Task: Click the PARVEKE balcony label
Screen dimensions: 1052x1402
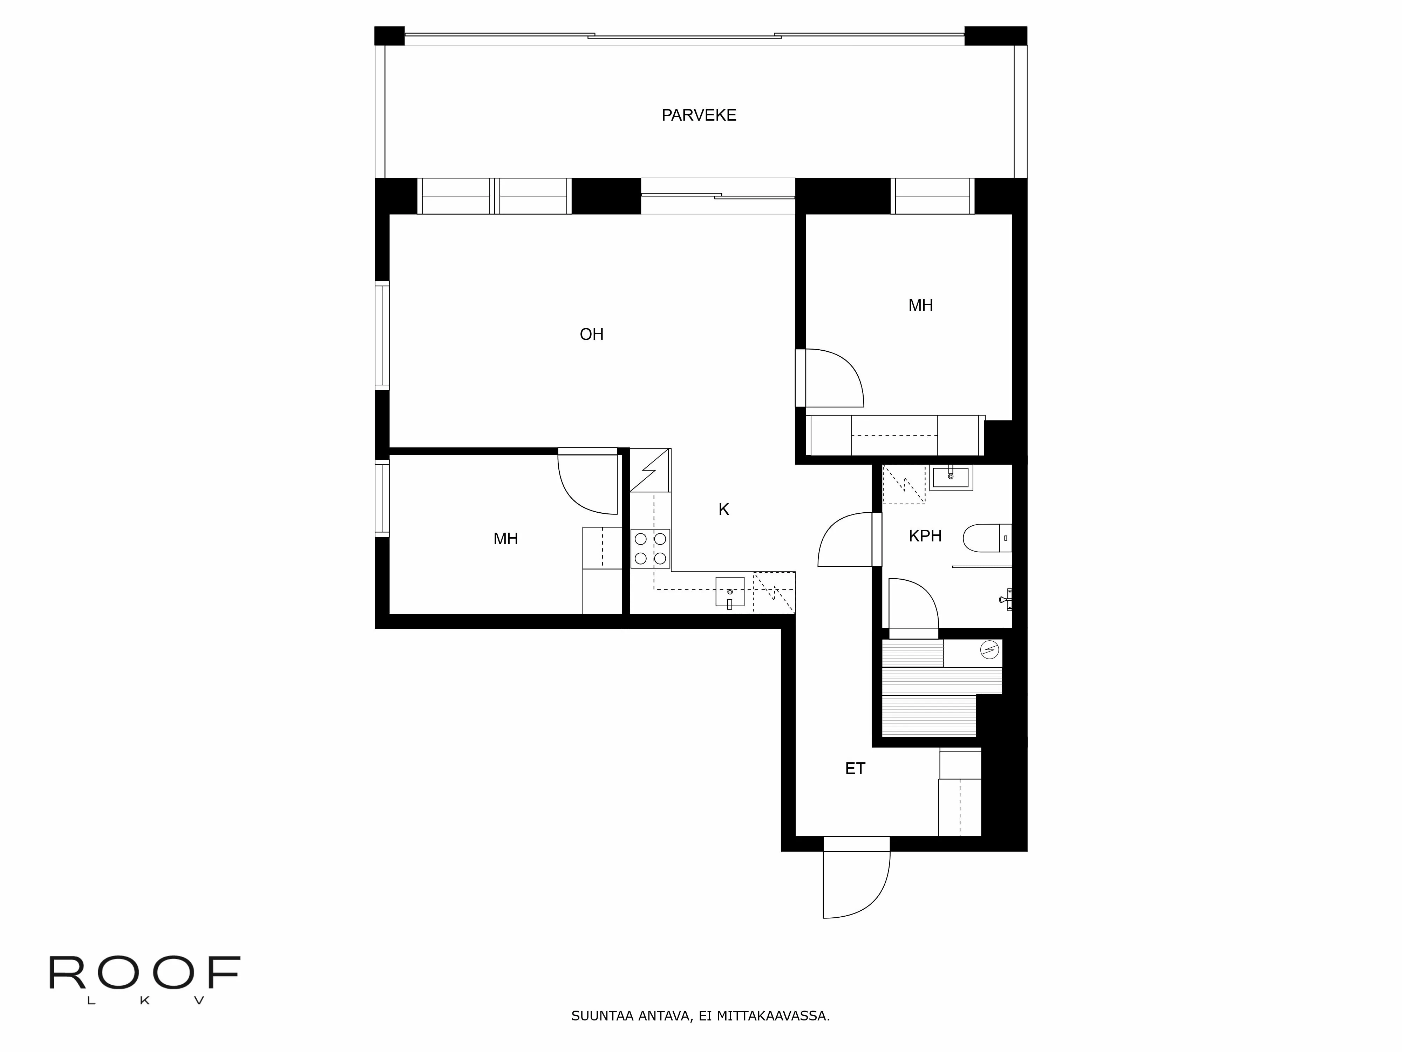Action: click(x=699, y=115)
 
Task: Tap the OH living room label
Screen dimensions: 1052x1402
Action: click(x=591, y=334)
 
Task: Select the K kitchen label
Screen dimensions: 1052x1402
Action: click(x=723, y=509)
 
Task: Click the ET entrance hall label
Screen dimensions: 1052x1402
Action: click(x=855, y=769)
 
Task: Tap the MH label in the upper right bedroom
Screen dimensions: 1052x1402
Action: click(x=920, y=306)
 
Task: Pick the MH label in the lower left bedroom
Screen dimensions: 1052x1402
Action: click(x=505, y=539)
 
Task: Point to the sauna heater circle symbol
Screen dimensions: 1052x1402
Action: click(x=989, y=650)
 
